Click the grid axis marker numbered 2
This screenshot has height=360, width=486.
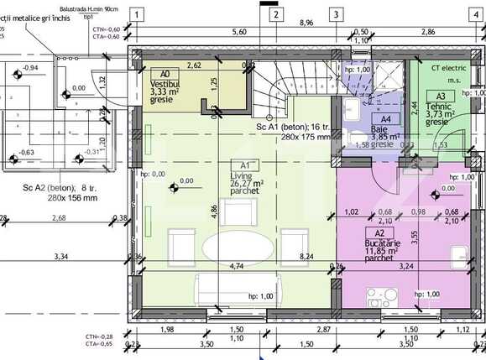click(x=274, y=13)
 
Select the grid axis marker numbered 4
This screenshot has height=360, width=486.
click(x=478, y=13)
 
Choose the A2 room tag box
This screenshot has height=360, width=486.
click(x=379, y=232)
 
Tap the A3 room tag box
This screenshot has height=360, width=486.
click(x=441, y=97)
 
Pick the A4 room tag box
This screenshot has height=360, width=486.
click(x=385, y=120)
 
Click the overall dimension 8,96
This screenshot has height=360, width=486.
click(x=305, y=23)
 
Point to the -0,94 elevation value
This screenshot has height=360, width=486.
click(x=30, y=67)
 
